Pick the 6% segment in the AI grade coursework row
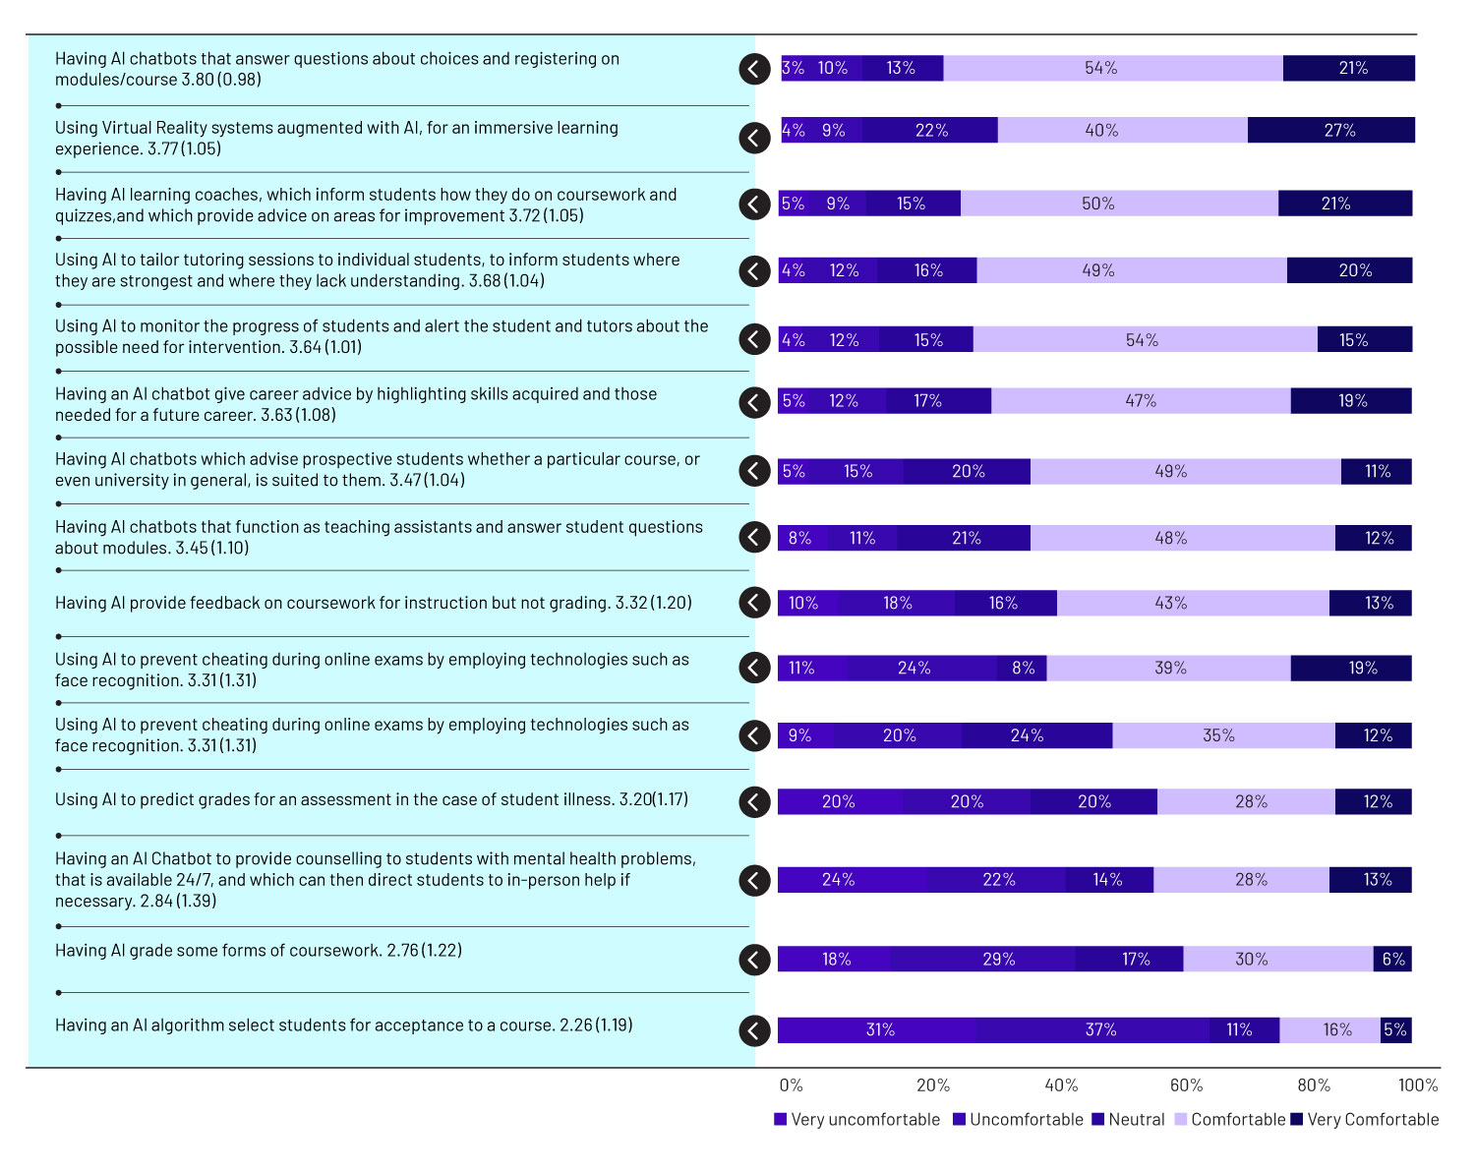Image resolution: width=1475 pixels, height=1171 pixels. pyautogui.click(x=1392, y=959)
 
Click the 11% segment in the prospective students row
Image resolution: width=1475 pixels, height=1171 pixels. pyautogui.click(x=1376, y=472)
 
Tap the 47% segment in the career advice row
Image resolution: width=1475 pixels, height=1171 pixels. pyautogui.click(x=1141, y=401)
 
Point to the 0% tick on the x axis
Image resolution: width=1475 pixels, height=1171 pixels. pyautogui.click(x=791, y=1085)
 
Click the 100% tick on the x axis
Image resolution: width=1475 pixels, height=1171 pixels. pyautogui.click(x=1417, y=1085)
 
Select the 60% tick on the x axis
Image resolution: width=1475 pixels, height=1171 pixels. pyautogui.click(x=1186, y=1085)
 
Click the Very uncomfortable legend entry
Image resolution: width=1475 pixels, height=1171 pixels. pyautogui.click(x=856, y=1120)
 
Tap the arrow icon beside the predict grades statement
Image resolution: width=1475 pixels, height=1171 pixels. pyautogui.click(x=754, y=801)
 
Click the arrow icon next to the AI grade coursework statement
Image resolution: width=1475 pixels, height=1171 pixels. pyautogui.click(x=754, y=960)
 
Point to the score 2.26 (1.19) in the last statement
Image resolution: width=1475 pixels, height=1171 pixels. pyautogui.click(x=596, y=1025)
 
